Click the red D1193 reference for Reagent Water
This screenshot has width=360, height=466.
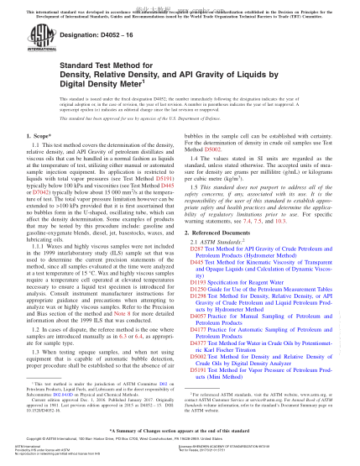tap(198, 261)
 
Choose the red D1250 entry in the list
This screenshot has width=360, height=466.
tap(198, 267)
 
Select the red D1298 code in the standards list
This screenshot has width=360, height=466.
tap(198, 274)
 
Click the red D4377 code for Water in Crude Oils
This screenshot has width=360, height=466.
tap(198, 319)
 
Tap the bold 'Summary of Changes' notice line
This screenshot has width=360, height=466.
tap(180, 428)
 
